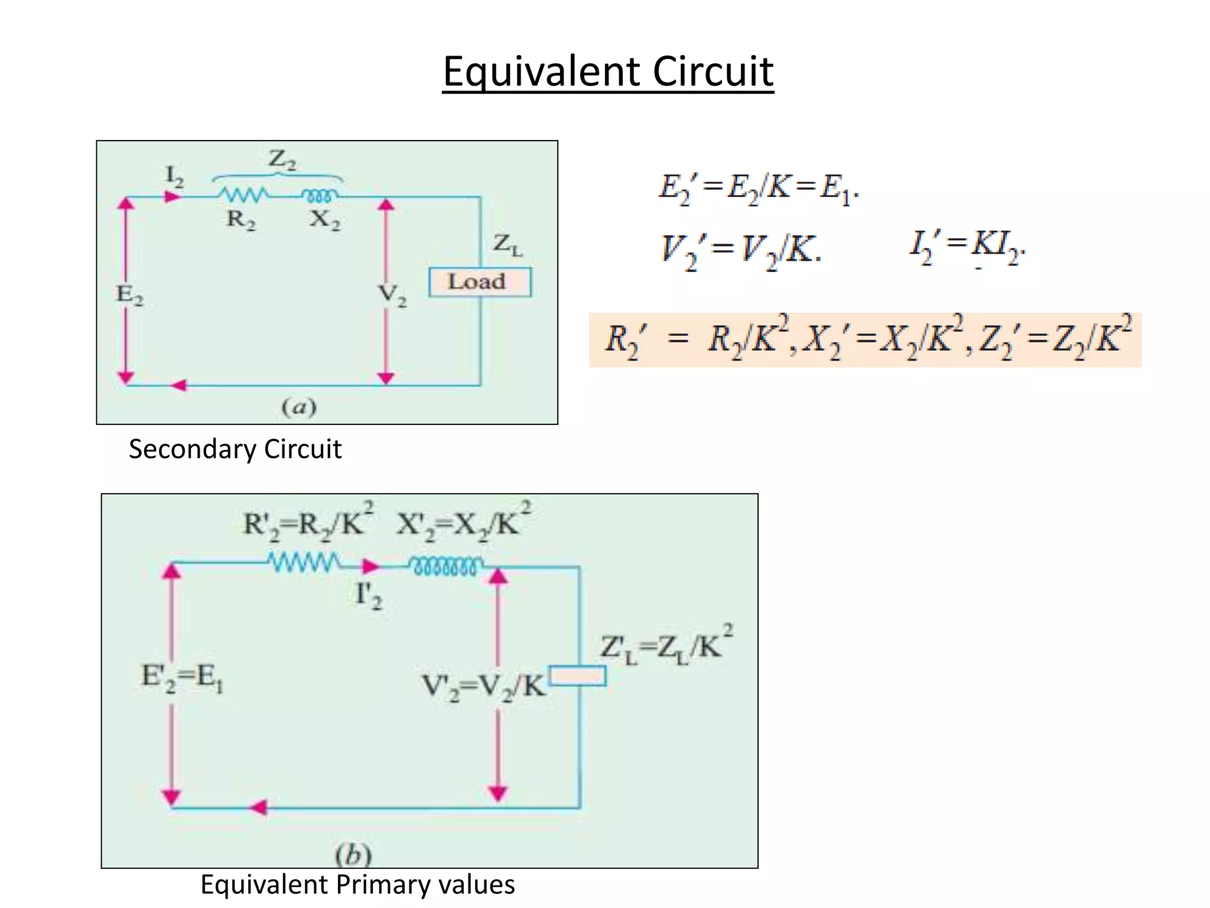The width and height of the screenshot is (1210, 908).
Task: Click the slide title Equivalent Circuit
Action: coord(608,72)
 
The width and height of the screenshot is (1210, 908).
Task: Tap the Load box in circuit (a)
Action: coord(479,282)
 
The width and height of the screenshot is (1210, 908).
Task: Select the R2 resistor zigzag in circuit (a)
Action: coord(242,194)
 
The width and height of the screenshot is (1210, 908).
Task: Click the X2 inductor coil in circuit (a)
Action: coord(320,195)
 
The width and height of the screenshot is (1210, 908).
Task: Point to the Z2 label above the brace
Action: coord(282,160)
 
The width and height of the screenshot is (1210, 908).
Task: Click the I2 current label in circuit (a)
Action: coord(174,176)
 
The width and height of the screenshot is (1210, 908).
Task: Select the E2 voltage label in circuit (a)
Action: coord(129,294)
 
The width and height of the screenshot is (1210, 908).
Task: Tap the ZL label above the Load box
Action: coord(508,244)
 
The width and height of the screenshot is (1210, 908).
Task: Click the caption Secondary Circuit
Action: coord(235,449)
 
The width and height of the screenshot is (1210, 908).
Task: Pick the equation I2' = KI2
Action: coord(967,247)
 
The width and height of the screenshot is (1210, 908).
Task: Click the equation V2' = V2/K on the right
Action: coord(741,250)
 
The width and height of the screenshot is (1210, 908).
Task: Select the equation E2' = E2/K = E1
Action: coord(759,189)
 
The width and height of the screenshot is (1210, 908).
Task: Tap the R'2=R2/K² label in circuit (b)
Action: coord(308,523)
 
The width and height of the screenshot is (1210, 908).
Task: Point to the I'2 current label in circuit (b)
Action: coord(368,596)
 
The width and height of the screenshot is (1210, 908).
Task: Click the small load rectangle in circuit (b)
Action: coord(577,676)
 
